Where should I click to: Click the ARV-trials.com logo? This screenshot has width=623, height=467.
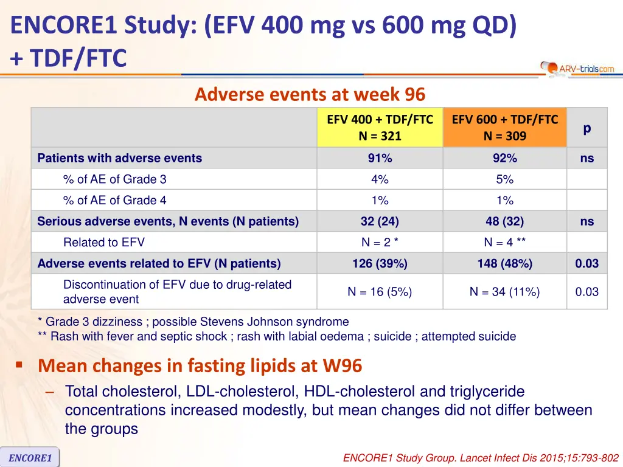578,68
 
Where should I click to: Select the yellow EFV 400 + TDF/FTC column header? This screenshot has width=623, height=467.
380,128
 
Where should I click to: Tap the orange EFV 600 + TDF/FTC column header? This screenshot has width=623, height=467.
504,128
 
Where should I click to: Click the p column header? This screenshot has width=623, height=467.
586,128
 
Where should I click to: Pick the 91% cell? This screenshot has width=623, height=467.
380,158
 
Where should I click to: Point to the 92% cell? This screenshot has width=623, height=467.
504,158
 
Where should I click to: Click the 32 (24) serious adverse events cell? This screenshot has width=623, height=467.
380,221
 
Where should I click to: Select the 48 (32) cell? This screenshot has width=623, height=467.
504,221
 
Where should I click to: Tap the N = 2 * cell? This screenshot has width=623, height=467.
380,242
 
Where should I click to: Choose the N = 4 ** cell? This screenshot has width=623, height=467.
504,242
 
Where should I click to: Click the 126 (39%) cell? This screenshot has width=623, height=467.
380,263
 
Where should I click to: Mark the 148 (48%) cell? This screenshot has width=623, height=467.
504,263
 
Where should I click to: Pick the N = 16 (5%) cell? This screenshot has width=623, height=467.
380,292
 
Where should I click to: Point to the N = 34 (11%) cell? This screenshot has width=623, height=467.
504,292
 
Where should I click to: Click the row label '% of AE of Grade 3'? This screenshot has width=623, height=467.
114,179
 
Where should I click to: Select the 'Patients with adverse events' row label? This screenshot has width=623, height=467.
119,158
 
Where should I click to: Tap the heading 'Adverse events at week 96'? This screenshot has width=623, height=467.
310,95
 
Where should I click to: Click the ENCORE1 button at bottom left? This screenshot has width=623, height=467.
30,457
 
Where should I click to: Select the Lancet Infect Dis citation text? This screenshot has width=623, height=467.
481,457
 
